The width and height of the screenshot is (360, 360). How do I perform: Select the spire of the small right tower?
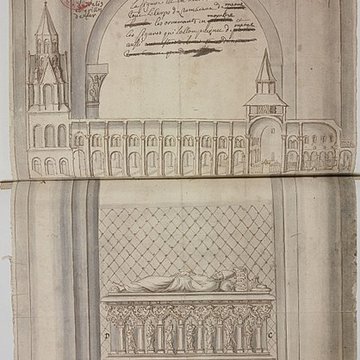(266, 66)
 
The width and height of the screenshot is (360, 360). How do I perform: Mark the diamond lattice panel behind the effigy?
(185, 240)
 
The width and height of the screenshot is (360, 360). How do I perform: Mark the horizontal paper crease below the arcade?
(180, 181)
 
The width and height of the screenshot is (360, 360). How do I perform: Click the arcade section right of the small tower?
(315, 150)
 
